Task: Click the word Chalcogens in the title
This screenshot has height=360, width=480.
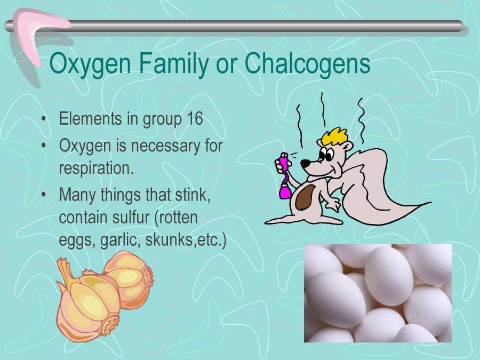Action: click(307, 65)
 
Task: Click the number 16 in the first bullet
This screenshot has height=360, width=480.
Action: click(194, 118)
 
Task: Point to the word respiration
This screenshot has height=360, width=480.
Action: click(96, 167)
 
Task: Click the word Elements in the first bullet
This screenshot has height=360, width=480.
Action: click(90, 118)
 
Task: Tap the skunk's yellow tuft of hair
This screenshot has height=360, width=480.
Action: click(333, 135)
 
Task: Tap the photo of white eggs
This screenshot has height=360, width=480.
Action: click(378, 293)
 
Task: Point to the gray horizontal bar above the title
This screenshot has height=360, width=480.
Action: click(267, 26)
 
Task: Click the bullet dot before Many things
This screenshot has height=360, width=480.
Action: click(44, 195)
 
